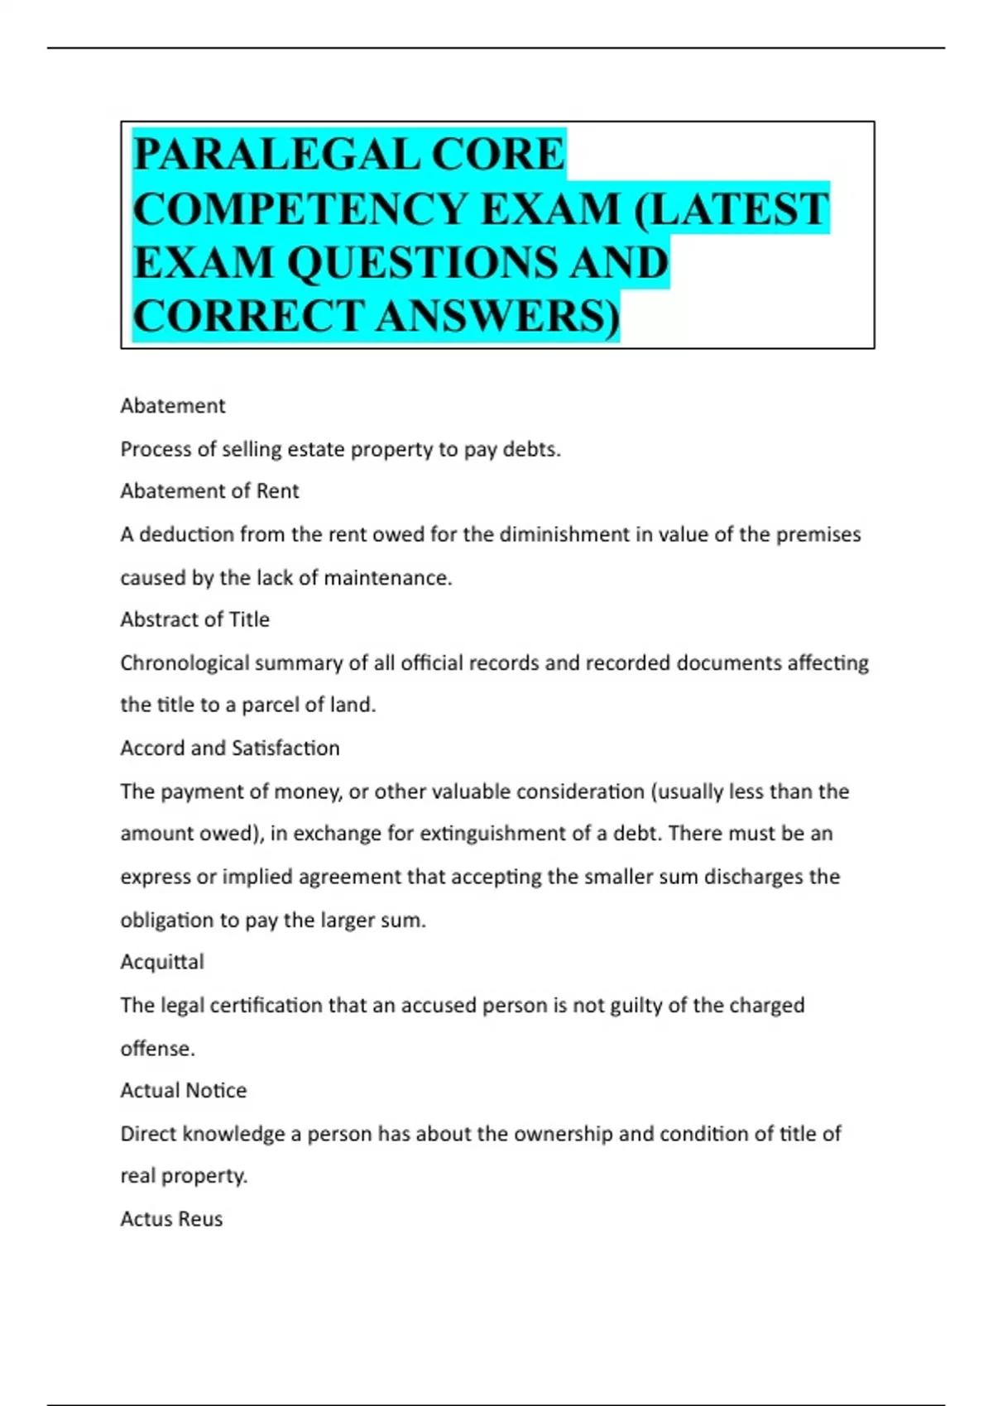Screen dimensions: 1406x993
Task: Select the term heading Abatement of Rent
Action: (x=209, y=491)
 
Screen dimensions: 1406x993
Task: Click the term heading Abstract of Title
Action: (x=194, y=619)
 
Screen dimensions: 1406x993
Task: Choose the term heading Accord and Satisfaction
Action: (x=230, y=748)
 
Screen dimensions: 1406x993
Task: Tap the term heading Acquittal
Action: (x=162, y=962)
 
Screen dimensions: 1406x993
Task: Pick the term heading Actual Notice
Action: (x=183, y=1090)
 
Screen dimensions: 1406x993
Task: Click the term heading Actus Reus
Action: (x=171, y=1219)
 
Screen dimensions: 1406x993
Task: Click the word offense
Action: (x=157, y=1049)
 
